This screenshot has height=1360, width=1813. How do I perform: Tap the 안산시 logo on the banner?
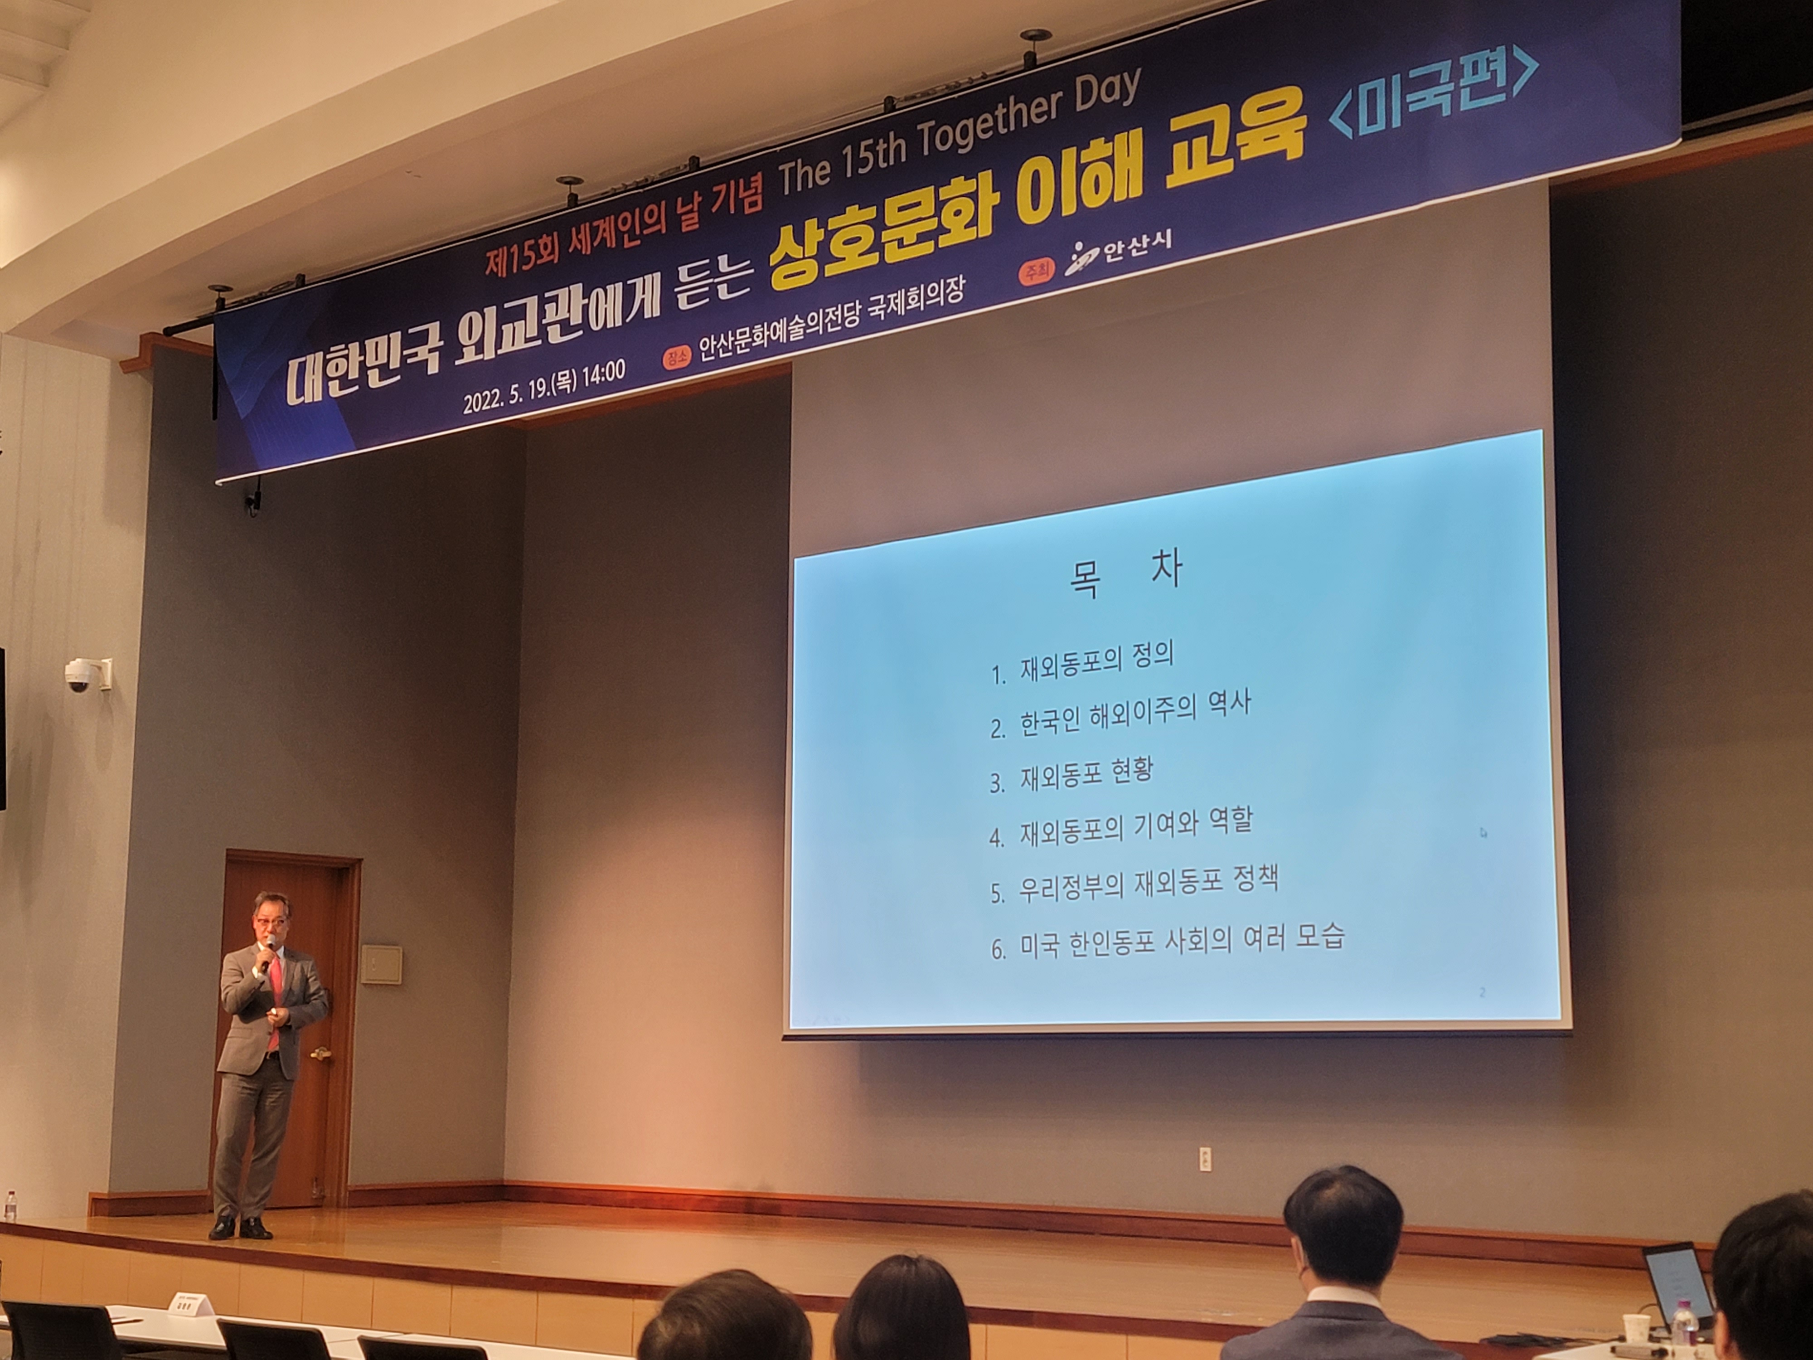(1119, 251)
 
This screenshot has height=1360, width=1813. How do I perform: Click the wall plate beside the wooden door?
(381, 965)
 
